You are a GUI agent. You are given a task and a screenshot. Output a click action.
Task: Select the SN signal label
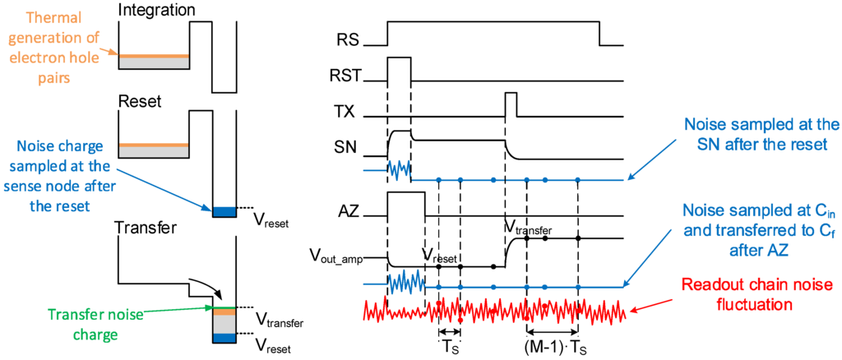pyautogui.click(x=346, y=149)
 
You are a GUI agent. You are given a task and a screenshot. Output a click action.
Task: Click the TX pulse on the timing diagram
pyautogui.click(x=511, y=104)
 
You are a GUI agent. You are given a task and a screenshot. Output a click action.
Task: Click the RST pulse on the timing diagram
pyautogui.click(x=399, y=69)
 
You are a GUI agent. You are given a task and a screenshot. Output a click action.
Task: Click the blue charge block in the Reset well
pyautogui.click(x=224, y=212)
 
